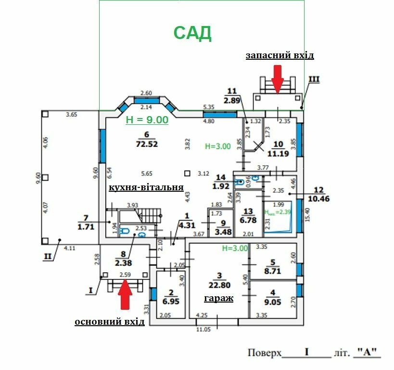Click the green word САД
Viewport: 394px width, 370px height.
click(192, 33)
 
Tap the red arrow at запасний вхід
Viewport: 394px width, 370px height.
click(277, 78)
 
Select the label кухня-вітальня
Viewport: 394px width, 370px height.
click(146, 187)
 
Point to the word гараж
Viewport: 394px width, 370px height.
click(218, 298)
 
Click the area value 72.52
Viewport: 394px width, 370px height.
click(147, 144)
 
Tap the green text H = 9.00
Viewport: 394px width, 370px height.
click(147, 120)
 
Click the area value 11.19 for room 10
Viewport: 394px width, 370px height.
click(278, 154)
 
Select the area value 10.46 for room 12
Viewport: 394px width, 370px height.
click(319, 198)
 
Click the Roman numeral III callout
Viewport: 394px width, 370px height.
click(314, 79)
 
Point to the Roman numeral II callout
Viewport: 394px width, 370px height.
click(47, 256)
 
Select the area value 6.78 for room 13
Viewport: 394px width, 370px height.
click(248, 221)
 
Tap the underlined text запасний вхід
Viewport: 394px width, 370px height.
click(280, 55)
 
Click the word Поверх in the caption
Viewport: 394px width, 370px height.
click(264, 353)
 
